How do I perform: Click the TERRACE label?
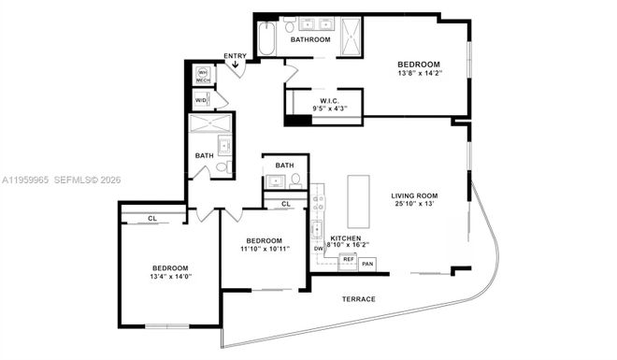point(358,299)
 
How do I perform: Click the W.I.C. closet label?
point(329,100)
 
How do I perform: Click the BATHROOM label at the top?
point(309,40)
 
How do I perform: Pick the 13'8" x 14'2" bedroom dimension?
point(420,75)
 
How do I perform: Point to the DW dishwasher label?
point(319,249)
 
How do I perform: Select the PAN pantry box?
point(368,264)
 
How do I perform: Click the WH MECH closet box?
point(202,75)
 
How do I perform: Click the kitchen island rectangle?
point(359,199)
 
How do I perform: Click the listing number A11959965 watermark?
point(25,180)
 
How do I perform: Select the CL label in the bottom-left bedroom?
point(152,219)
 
